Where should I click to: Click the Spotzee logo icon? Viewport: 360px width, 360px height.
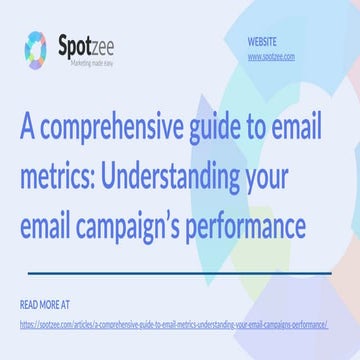[x=36, y=47]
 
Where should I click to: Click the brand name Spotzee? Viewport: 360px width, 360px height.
[x=91, y=44]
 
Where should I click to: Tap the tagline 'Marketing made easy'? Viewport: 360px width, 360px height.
[x=92, y=62]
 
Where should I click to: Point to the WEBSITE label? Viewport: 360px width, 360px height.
[x=262, y=42]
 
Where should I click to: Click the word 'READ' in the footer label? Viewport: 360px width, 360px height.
[x=29, y=303]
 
